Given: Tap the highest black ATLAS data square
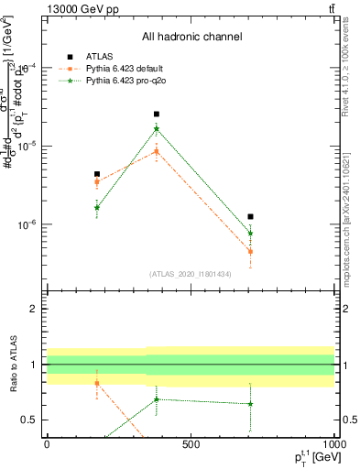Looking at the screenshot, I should [x=157, y=115].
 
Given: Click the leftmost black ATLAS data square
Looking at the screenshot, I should [x=96, y=174].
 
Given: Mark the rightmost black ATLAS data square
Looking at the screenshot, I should [x=250, y=217].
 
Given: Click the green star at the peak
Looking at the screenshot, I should [x=157, y=129].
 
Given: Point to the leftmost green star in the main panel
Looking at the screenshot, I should [x=96, y=208].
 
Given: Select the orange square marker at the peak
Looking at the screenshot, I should [x=157, y=151].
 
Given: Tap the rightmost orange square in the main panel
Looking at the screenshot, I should [x=250, y=251].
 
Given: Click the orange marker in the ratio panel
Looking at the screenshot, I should [x=96, y=383].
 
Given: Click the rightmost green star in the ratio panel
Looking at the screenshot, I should [x=250, y=404].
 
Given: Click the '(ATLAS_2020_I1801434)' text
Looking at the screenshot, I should [x=191, y=274].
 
